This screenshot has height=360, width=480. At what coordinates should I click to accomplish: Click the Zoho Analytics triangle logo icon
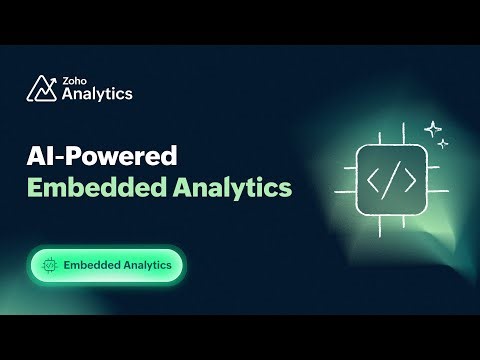click(41, 89)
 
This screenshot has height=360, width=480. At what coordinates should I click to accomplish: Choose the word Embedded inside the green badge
click(90, 266)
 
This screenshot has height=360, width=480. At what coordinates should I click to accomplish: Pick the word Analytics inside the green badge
click(146, 266)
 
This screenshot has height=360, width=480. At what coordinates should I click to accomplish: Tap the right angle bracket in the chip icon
click(408, 183)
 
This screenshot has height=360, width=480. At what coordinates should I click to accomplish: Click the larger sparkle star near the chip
click(433, 129)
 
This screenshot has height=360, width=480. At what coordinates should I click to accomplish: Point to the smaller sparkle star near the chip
click(443, 145)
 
